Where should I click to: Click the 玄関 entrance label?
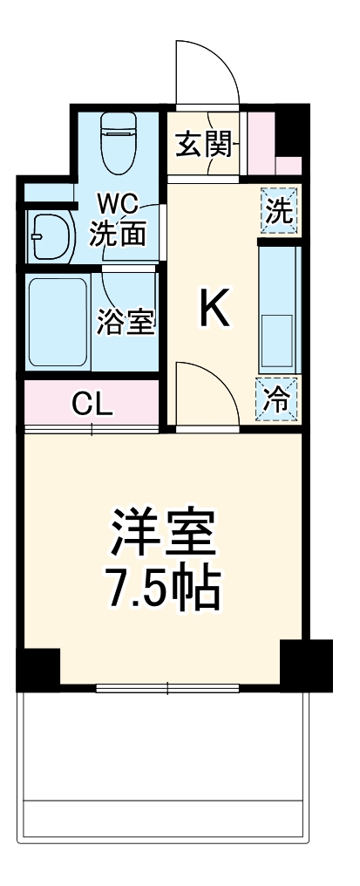(x=205, y=144)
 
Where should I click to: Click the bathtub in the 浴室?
(x=58, y=323)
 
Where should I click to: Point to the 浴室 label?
(x=126, y=323)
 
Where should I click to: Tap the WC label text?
(x=118, y=206)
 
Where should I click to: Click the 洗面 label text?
(x=118, y=233)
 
